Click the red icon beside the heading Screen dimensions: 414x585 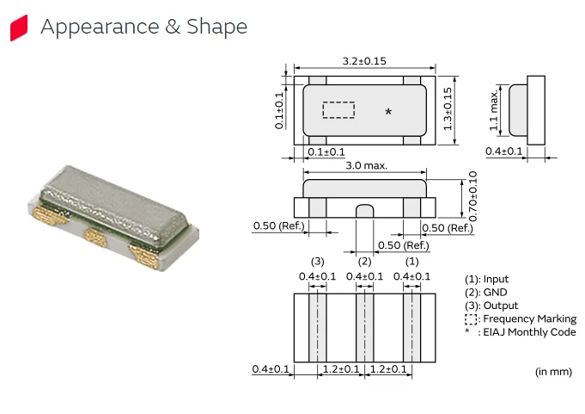pyautogui.click(x=18, y=28)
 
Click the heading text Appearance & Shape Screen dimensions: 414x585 pyautogui.click(x=143, y=27)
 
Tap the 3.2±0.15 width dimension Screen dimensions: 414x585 pyautogui.click(x=364, y=62)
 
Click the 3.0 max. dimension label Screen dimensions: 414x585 pyautogui.click(x=366, y=165)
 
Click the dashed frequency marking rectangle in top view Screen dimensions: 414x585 pyautogui.click(x=338, y=110)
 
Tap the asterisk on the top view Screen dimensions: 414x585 pyautogui.click(x=388, y=113)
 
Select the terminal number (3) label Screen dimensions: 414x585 pyautogui.click(x=317, y=261)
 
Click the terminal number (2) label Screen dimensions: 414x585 pyautogui.click(x=364, y=261)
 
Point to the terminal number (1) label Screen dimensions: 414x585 pyautogui.click(x=411, y=261)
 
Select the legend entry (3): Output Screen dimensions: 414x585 pyautogui.click(x=492, y=306)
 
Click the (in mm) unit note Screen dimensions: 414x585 pyautogui.click(x=553, y=371)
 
